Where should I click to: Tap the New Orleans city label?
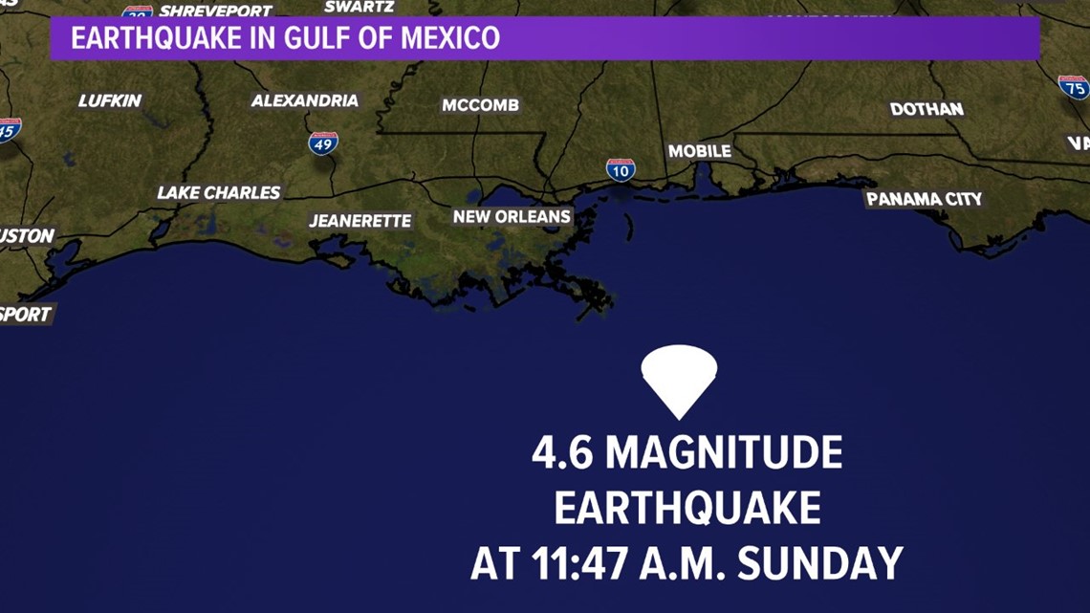point(512,217)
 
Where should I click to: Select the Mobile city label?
point(699,151)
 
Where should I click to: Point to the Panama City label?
point(924,199)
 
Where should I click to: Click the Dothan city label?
point(926,109)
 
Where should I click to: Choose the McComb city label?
point(480,105)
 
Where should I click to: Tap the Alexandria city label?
point(305,100)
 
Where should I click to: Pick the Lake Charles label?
point(219,193)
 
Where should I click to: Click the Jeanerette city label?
point(360,221)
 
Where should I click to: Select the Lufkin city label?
point(110,100)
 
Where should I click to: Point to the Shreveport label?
point(215,11)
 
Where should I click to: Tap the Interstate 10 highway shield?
point(621,170)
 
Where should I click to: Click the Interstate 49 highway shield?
point(323,143)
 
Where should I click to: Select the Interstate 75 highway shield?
point(1074,87)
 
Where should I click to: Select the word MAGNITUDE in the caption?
point(724,452)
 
